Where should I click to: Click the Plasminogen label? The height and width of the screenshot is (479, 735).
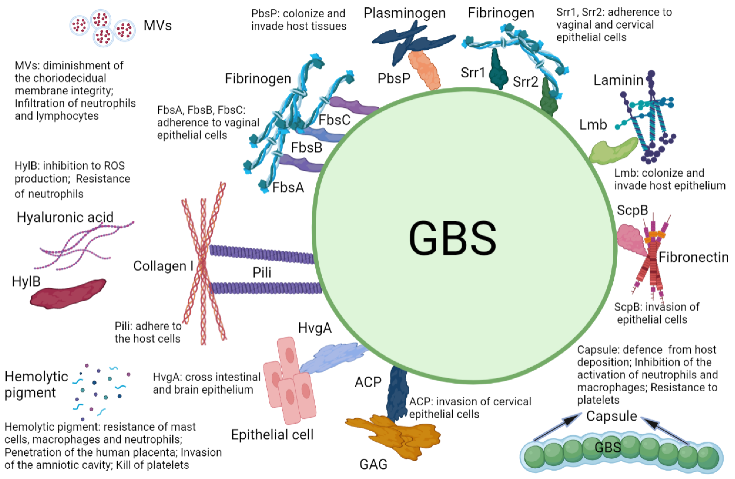[x=405, y=13]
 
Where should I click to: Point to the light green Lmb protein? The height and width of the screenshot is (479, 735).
[x=613, y=151]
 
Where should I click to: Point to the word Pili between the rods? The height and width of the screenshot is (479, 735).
[x=262, y=272]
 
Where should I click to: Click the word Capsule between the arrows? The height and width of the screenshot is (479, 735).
[x=611, y=416]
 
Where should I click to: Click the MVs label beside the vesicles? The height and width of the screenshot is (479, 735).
[x=158, y=25]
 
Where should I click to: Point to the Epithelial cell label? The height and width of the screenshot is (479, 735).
[x=272, y=435]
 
